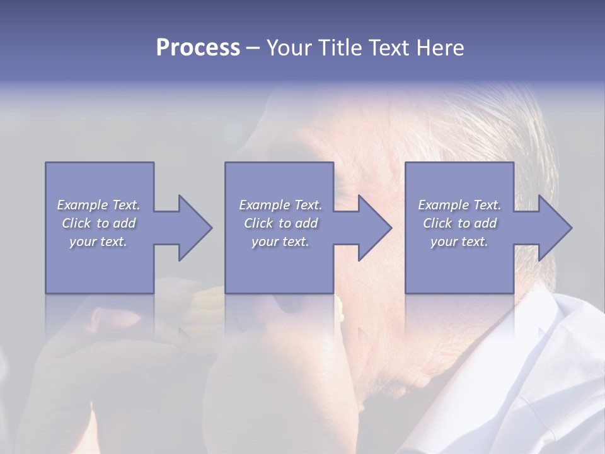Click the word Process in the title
[x=198, y=48]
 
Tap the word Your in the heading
[x=289, y=48]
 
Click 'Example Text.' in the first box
[x=98, y=205]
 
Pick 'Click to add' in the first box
[x=98, y=223]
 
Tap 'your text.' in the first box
[x=98, y=242]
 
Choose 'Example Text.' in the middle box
[x=280, y=205]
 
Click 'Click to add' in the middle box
[x=280, y=223]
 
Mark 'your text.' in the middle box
[x=280, y=242]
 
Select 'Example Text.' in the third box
[x=459, y=205]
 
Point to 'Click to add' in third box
[x=459, y=223]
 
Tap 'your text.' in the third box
[x=459, y=242]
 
